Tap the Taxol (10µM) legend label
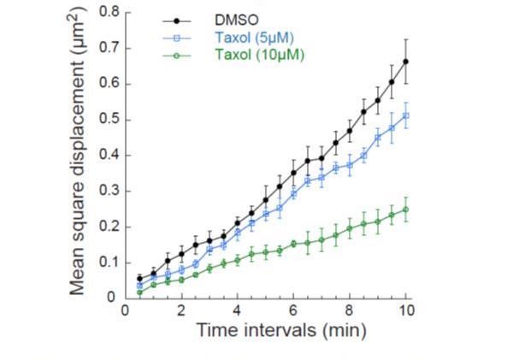click(256, 55)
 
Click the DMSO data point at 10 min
click(405, 62)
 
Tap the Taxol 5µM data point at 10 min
click(405, 115)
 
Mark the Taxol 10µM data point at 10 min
click(405, 210)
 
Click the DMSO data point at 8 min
click(350, 131)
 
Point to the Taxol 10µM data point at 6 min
click(293, 244)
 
